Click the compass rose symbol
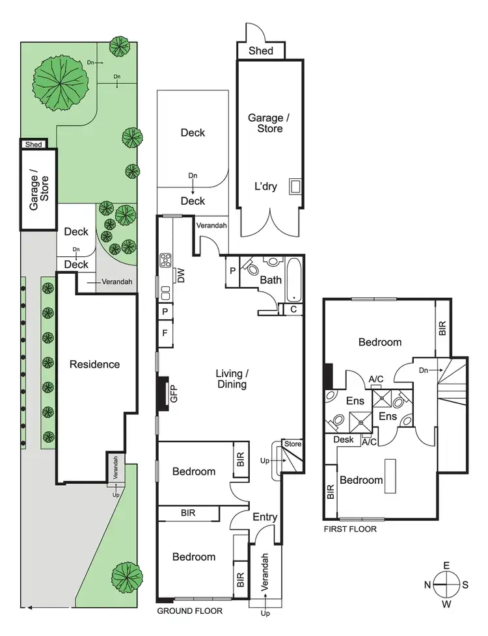point(446,584)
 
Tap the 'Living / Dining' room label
point(232,378)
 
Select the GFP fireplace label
point(174,394)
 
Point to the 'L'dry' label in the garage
point(265,187)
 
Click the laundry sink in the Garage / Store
point(295,187)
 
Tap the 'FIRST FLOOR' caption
point(350,529)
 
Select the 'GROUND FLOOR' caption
point(190,611)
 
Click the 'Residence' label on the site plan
point(95,364)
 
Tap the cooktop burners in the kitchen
point(165,261)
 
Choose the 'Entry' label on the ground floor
point(265,518)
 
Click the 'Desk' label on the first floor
point(343,440)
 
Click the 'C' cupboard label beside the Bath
point(293,310)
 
